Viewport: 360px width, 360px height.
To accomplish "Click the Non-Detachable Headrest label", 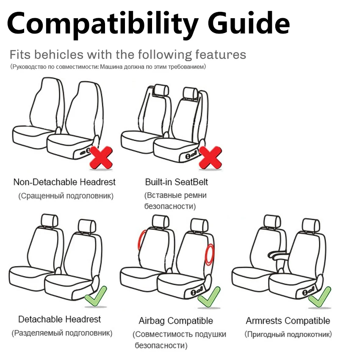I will click(64, 182).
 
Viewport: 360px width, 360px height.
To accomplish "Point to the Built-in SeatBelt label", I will click(177, 182).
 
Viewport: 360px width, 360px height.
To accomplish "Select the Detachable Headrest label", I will click(60, 319).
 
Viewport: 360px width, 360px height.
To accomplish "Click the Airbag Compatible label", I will click(176, 321).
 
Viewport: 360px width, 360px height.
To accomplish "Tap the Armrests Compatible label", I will click(288, 321).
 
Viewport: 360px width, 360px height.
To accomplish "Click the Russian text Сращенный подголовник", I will click(66, 196).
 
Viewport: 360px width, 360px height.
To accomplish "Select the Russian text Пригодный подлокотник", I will click(288, 335).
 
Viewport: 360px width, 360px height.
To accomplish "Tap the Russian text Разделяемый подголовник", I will click(62, 333).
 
